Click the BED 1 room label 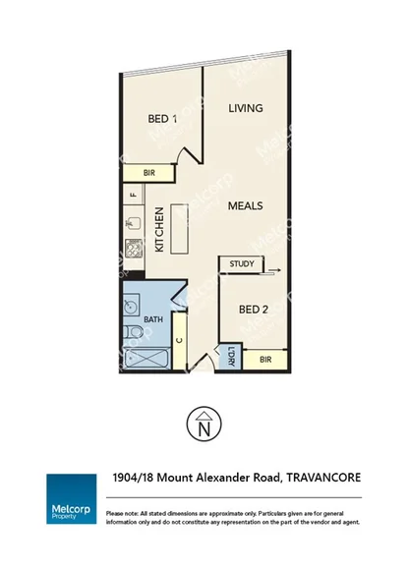pos(162,119)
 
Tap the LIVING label pos(245,108)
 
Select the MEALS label pos(245,207)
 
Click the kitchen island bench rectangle pos(179,229)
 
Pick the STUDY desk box pos(242,264)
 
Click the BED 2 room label pos(254,310)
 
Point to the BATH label pos(152,320)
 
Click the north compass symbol pos(204,424)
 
